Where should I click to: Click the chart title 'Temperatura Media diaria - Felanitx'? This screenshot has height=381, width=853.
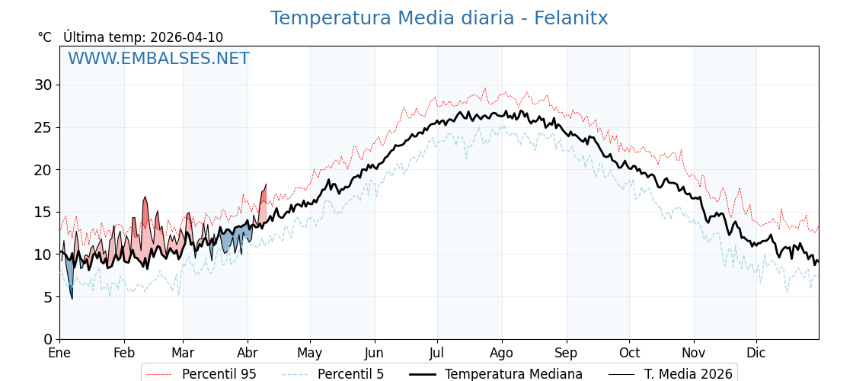click(439, 18)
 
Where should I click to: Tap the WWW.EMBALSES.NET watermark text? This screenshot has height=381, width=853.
click(158, 59)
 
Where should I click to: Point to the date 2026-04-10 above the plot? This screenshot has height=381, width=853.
click(187, 37)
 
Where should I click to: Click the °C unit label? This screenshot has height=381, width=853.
click(44, 37)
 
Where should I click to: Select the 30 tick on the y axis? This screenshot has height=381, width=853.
click(43, 85)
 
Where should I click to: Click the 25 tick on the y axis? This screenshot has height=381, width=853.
click(43, 127)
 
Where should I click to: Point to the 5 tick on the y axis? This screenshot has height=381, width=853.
click(48, 297)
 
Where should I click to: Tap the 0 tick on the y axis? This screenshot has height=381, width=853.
click(48, 339)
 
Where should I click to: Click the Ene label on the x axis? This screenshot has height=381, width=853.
click(59, 354)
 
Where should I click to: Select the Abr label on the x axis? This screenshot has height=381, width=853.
click(248, 354)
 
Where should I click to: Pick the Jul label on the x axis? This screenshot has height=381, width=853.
click(437, 354)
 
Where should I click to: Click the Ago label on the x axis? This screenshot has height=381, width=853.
click(502, 354)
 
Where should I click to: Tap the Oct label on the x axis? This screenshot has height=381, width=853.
click(629, 354)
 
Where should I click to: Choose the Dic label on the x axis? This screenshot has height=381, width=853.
click(756, 354)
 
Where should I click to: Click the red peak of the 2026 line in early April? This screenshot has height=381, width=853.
click(265, 185)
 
